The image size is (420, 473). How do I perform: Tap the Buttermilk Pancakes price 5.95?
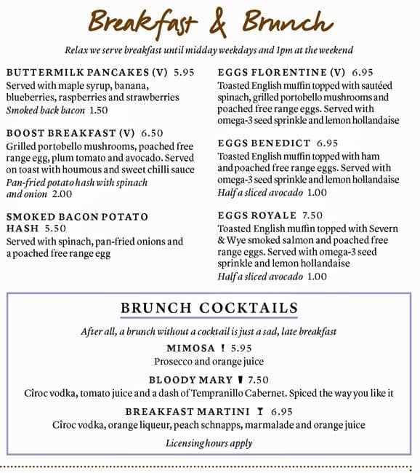coord(185,73)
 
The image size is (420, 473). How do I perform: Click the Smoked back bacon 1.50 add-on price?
coord(98,110)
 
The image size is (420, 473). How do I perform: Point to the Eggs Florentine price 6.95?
coord(362,73)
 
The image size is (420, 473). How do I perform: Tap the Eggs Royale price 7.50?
coord(312,215)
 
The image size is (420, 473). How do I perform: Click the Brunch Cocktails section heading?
coord(209,308)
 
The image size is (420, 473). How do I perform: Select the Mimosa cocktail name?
coord(190,348)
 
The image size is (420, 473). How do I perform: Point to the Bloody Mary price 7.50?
coord(258,380)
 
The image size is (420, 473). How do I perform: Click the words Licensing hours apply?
coord(209,442)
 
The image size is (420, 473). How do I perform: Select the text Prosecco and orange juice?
coord(209,361)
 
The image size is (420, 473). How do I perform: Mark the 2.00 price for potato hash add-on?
coord(62,194)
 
